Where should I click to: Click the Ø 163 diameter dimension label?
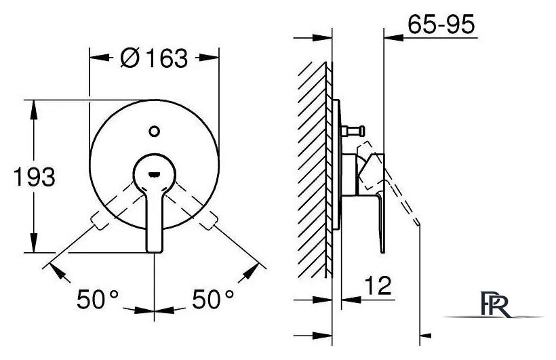click(154, 58)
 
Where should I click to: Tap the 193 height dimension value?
click(35, 177)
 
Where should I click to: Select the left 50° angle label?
click(98, 299)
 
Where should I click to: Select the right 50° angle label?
click(213, 299)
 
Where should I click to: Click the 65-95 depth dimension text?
click(441, 25)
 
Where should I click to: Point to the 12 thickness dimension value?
click(378, 285)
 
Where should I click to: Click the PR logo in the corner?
click(495, 304)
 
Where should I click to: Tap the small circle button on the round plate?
click(154, 132)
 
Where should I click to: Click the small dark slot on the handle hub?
click(154, 174)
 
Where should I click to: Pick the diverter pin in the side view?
click(353, 132)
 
